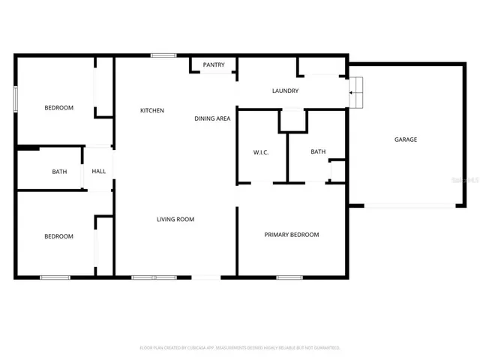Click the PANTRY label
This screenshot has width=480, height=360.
[x=214, y=65]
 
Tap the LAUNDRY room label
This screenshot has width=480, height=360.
[x=285, y=91]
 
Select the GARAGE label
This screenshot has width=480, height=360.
[x=406, y=139]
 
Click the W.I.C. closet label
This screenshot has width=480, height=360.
[x=261, y=152]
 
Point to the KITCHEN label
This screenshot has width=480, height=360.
[x=152, y=111]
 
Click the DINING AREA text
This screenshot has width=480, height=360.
[x=212, y=118]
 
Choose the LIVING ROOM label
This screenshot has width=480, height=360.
[x=175, y=220]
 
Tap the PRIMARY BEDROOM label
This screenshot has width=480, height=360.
[x=291, y=235]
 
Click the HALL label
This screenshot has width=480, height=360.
[x=99, y=172]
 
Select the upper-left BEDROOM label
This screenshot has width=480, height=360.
[x=58, y=108]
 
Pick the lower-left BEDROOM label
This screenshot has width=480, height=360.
[x=58, y=237]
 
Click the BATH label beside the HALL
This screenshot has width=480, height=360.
[x=59, y=172]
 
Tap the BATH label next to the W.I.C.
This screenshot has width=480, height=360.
[x=318, y=152]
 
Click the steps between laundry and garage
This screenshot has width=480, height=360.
[x=357, y=91]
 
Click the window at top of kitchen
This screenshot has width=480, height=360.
[x=163, y=55]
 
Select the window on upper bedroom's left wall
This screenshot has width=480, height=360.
[x=15, y=100]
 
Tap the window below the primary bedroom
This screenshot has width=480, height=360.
[x=289, y=278]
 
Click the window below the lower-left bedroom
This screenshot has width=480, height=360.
[x=55, y=278]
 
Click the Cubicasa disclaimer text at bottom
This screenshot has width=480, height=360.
[x=240, y=348]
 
